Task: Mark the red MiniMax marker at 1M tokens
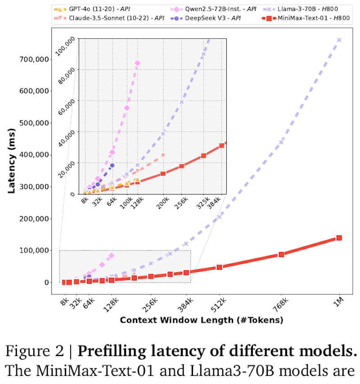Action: (339, 238)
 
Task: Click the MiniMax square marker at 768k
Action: (281, 254)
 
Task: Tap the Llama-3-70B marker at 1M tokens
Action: (339, 40)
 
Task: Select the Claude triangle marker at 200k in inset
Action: (163, 156)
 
